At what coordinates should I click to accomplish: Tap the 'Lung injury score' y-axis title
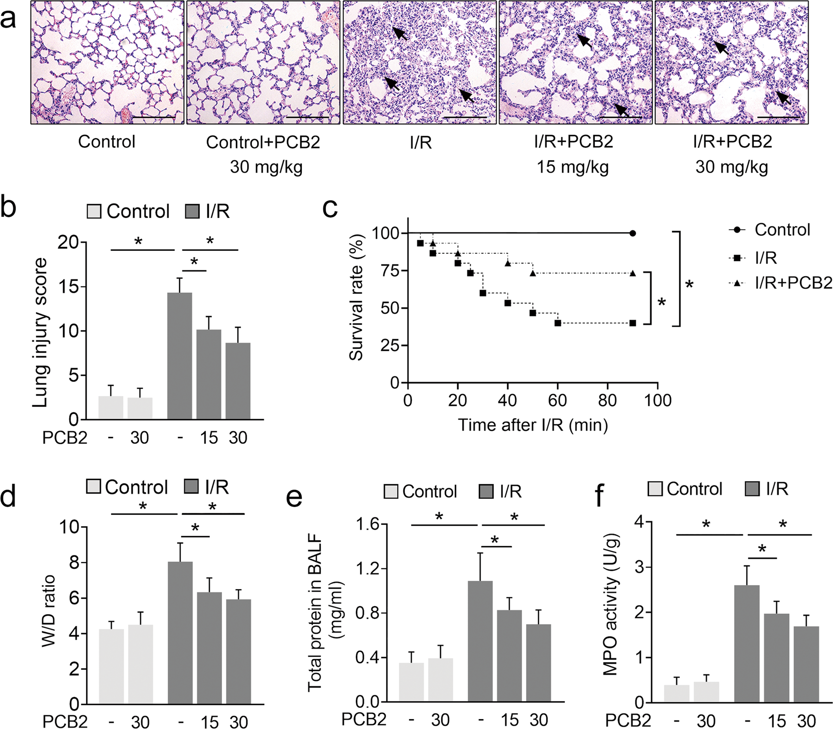pyautogui.click(x=40, y=332)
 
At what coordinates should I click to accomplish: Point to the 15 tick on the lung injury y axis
pyautogui.click(x=69, y=287)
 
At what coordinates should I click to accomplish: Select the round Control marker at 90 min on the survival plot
pyautogui.click(x=632, y=233)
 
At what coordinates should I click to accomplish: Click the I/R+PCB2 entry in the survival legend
pyautogui.click(x=793, y=283)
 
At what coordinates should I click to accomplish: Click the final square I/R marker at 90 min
pyautogui.click(x=632, y=323)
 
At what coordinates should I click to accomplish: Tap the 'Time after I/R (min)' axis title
pyautogui.click(x=532, y=424)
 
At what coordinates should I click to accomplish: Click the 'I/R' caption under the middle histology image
pyautogui.click(x=421, y=142)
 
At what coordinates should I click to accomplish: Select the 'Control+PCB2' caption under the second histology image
pyautogui.click(x=263, y=142)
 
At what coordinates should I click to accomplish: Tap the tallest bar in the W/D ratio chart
pyautogui.click(x=180, y=632)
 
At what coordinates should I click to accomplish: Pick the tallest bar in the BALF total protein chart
pyautogui.click(x=480, y=641)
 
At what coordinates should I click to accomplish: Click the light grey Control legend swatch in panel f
pyautogui.click(x=655, y=489)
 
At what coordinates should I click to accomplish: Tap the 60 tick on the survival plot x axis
pyautogui.click(x=557, y=400)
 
